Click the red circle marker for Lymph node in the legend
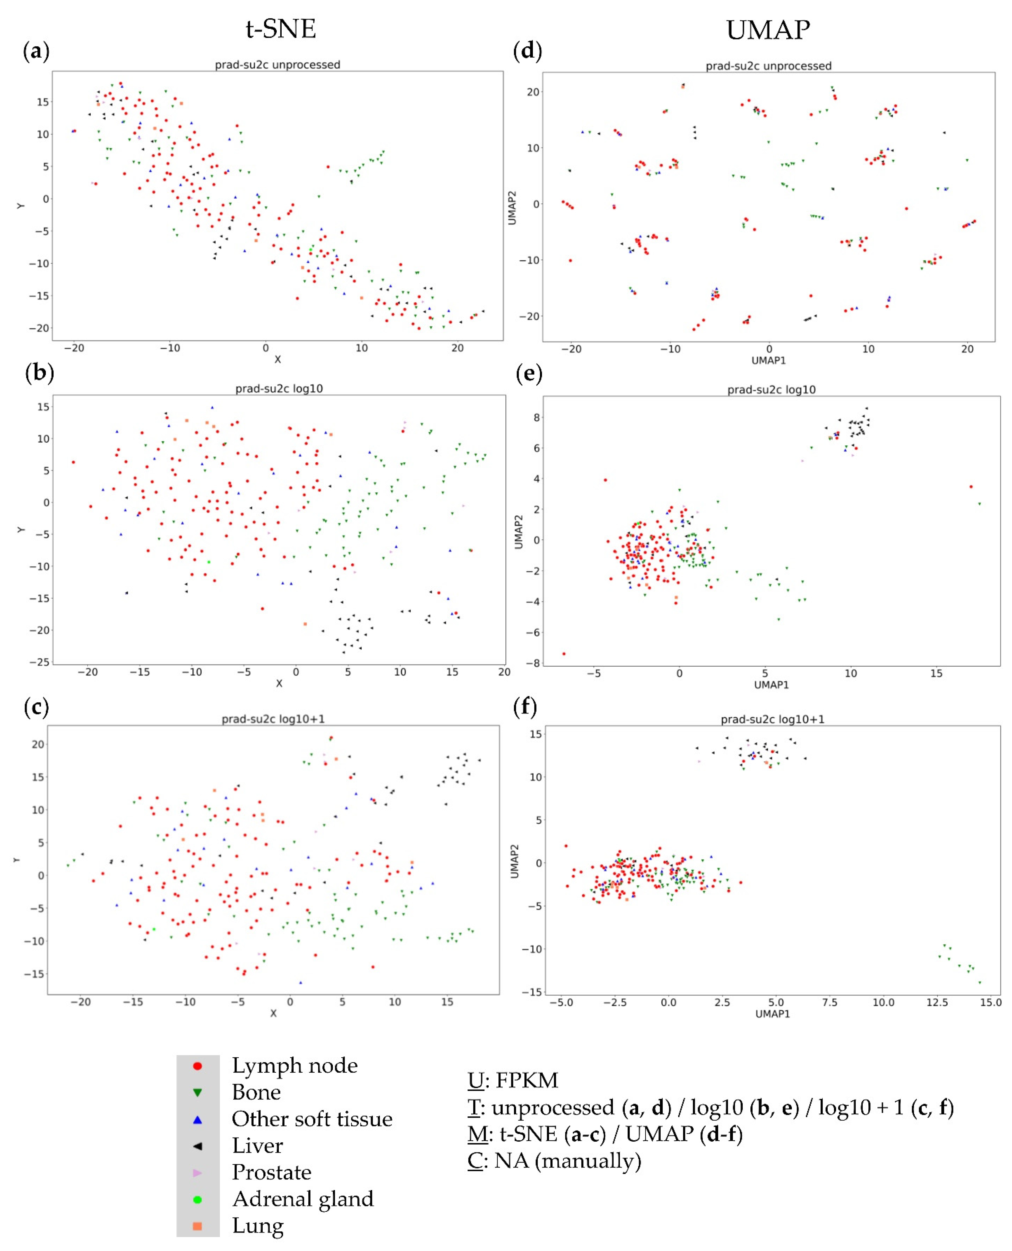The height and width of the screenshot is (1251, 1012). [x=198, y=1066]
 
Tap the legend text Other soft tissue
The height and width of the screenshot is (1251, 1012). [x=312, y=1119]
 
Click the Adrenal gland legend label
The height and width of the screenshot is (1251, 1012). [x=302, y=1199]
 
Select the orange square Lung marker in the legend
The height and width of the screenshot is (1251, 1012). [x=198, y=1226]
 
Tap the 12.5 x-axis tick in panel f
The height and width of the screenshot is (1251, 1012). [x=937, y=1002]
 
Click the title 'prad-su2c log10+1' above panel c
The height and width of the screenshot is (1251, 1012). [x=273, y=719]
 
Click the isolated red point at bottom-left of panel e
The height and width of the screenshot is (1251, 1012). [x=564, y=654]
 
